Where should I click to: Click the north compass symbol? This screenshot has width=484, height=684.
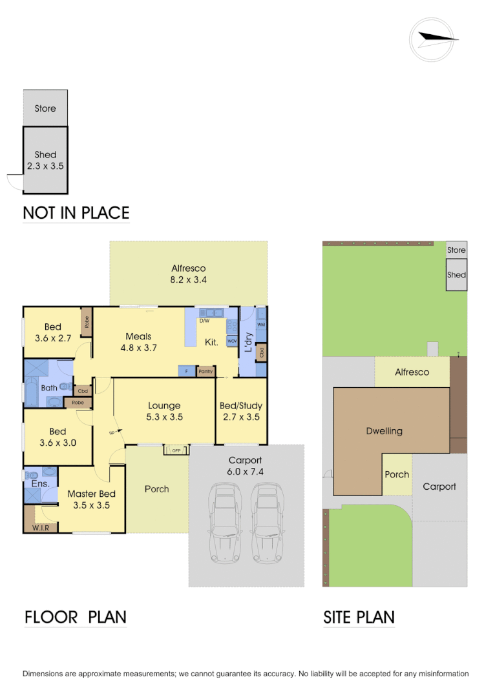[434, 39]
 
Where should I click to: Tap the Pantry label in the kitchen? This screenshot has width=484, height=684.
[205, 372]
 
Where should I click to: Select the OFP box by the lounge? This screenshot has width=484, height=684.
[176, 450]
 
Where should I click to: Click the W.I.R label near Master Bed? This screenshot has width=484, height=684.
[40, 528]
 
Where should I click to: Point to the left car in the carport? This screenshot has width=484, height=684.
[223, 523]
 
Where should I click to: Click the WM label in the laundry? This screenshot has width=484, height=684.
[261, 325]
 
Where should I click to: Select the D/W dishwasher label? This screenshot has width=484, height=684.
[204, 321]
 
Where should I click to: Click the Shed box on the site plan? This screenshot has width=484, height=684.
[456, 275]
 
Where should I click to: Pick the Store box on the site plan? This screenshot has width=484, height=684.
[456, 250]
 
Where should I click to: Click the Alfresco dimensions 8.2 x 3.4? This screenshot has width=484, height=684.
[188, 280]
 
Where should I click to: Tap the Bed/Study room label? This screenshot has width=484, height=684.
[240, 406]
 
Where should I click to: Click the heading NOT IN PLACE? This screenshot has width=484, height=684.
[76, 212]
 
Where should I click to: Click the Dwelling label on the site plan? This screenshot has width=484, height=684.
[384, 431]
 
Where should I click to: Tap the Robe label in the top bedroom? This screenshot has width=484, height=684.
[86, 321]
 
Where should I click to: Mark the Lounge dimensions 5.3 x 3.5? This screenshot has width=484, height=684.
[164, 417]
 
